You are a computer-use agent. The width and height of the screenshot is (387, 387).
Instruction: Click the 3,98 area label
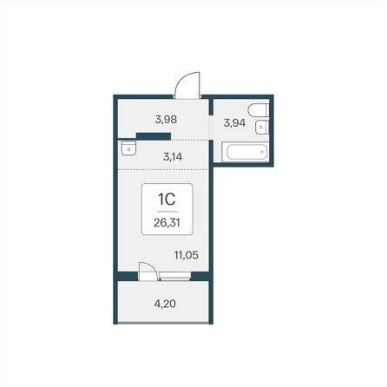pyautogui.click(x=166, y=119)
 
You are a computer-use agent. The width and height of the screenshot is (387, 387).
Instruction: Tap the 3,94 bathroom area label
pyautogui.click(x=234, y=122)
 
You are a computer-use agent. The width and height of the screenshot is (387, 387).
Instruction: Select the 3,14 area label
pyautogui.click(x=173, y=157)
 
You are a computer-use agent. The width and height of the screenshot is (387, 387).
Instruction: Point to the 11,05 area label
pyautogui.click(x=187, y=255)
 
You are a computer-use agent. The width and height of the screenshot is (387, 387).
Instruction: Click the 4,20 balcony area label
pyautogui.click(x=165, y=304)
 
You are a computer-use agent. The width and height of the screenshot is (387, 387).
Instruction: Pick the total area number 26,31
pyautogui.click(x=167, y=223)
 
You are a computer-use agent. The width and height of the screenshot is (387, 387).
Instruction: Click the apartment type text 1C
pyautogui.click(x=167, y=199)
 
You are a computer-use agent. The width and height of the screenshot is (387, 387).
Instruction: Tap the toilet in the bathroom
pyautogui.click(x=259, y=110)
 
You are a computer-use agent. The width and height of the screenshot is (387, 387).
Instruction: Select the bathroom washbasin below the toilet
pyautogui.click(x=262, y=127)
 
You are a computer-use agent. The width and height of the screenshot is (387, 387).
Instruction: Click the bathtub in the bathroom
pyautogui.click(x=246, y=152)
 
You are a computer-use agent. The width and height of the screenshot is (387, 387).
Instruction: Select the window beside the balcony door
pyautogui.click(x=175, y=276)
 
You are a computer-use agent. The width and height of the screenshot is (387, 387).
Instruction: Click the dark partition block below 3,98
pyautogui.click(x=154, y=136)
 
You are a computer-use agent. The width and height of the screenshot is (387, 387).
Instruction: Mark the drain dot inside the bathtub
pyautogui.click(x=262, y=152)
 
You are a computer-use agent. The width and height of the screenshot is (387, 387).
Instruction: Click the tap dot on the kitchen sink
pyautogui.click(x=128, y=149)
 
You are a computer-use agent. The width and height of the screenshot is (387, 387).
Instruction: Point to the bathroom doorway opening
pyautogui.click(x=211, y=128)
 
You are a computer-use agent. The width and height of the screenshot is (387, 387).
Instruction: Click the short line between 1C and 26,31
pyautogui.click(x=167, y=212)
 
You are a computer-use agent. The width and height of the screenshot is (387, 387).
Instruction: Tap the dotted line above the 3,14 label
pyautogui.click(x=190, y=140)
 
